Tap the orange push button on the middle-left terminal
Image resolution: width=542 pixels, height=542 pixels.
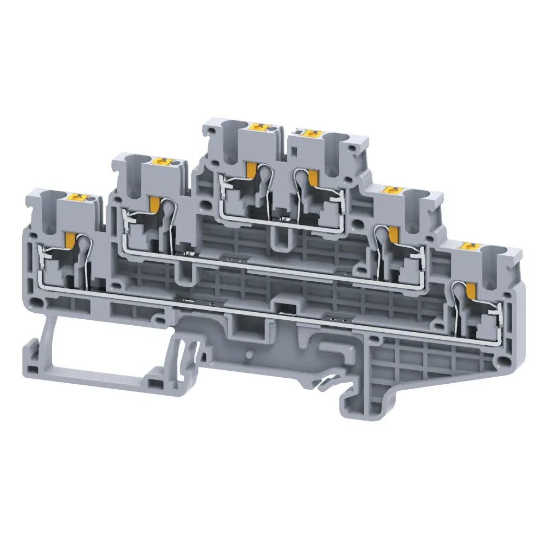click(162, 162)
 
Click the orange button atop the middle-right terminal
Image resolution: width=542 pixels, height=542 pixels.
click(390, 190)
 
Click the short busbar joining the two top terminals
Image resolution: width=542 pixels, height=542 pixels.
click(282, 221)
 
